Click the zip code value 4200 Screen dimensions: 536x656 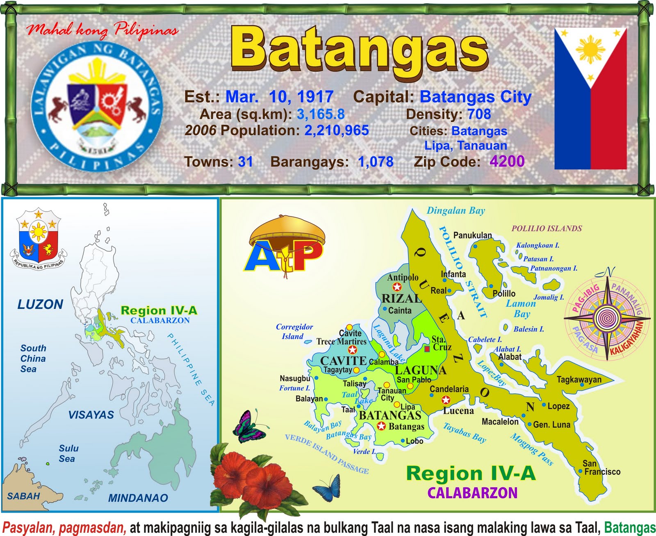click(x=507, y=161)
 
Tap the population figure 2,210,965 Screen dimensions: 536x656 click(x=336, y=130)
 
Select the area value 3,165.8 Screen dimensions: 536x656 click(x=321, y=114)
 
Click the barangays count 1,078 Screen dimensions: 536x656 click(x=376, y=162)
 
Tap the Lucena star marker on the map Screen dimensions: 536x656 click(x=446, y=400)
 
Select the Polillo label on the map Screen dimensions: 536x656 click(x=504, y=294)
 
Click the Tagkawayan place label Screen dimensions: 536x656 click(x=579, y=379)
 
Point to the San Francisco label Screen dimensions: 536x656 click(x=601, y=468)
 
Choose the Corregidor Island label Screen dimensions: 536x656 click(x=294, y=331)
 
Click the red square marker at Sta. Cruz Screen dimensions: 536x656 click(x=427, y=349)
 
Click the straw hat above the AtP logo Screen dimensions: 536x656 click(x=287, y=232)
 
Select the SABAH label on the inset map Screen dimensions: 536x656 click(x=23, y=496)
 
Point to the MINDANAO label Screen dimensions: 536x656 click(x=138, y=498)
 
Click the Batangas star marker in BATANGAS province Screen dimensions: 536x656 click(x=381, y=426)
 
